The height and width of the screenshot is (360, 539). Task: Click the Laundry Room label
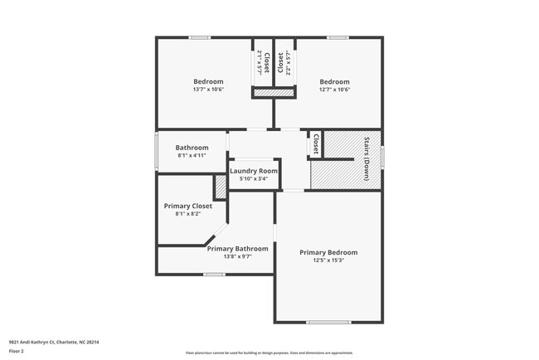254,170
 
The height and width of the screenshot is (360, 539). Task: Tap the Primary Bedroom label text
328,252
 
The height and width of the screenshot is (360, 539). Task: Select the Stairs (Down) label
366,158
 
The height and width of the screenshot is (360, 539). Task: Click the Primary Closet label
187,206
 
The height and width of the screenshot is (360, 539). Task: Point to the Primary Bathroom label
237,248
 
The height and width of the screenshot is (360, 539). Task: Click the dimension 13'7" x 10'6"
208,90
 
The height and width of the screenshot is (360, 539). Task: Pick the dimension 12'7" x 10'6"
334,90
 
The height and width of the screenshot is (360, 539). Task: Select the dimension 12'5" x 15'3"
328,260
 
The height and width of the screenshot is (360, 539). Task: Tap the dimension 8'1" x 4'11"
192,155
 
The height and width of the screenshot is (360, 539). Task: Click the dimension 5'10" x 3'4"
254,178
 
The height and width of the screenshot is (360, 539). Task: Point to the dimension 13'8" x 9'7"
237,256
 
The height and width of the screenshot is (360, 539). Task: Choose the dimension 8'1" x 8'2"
187,214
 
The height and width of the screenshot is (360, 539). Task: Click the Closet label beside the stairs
315,144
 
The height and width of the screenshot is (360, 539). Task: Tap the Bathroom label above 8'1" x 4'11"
192,148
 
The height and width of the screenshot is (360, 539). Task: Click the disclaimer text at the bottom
269,353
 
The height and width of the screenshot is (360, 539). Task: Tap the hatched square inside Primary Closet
221,187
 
